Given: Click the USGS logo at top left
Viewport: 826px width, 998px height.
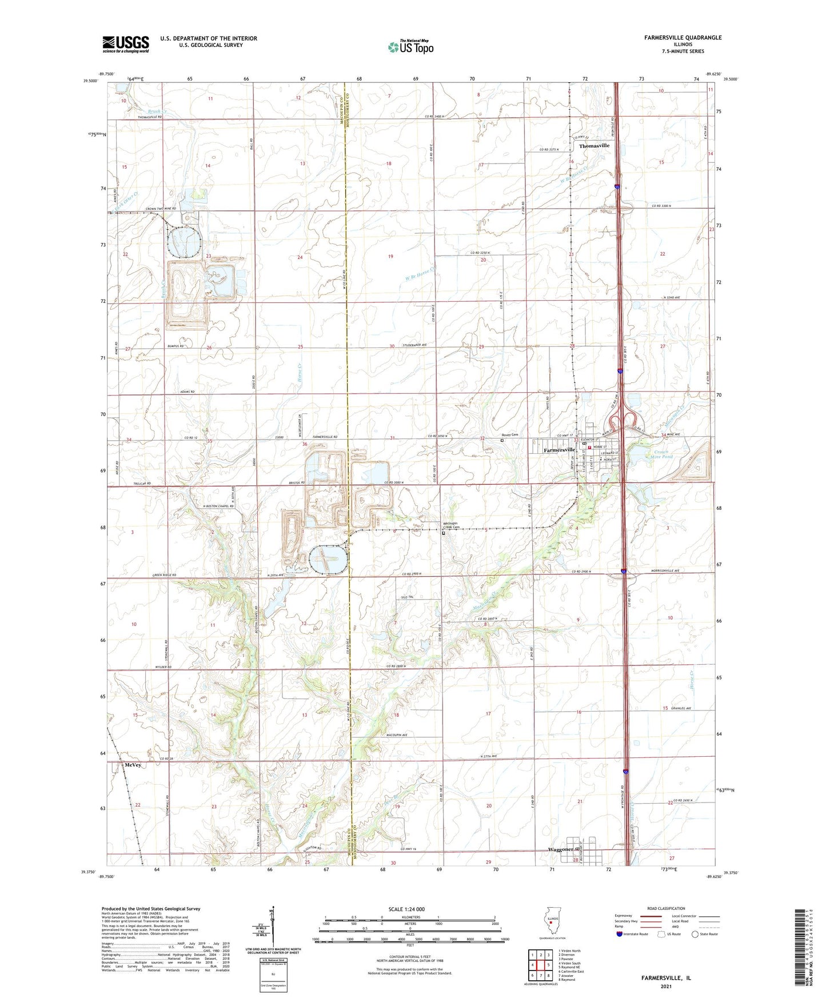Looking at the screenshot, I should point(125,44).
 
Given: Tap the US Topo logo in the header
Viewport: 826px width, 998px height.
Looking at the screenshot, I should point(410,47).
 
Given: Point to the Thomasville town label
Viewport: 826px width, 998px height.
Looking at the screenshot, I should point(594,146).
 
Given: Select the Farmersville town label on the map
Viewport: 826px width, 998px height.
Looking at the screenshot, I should point(558,450).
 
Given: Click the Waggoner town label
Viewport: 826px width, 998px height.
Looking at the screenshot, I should point(561,849).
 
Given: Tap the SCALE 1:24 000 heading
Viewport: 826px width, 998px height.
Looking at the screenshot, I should point(406,909).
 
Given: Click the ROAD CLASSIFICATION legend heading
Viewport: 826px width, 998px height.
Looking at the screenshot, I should point(666,908).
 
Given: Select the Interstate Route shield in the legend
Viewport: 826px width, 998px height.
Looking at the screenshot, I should point(620,934).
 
